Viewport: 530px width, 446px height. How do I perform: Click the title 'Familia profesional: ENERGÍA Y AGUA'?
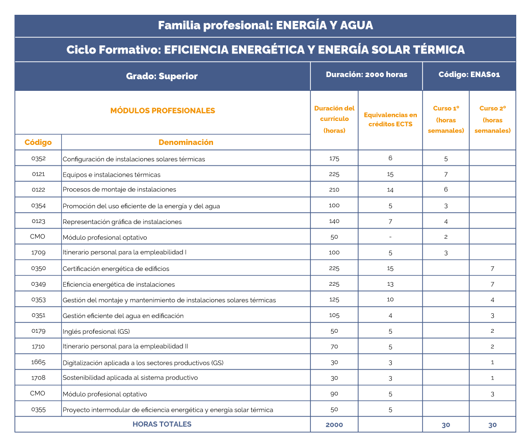[x=265, y=25]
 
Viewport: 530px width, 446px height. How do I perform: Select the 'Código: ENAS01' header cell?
[x=469, y=75]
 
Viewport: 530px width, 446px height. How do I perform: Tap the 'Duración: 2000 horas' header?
[x=366, y=75]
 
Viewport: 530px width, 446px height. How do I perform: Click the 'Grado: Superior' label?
[x=162, y=77]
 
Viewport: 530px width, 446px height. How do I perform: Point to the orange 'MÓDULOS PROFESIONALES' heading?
[x=163, y=111]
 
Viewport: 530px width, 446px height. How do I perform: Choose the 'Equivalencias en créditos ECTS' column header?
[x=390, y=119]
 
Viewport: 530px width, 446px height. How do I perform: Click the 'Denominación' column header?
[x=185, y=142]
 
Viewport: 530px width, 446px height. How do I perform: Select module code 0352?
[x=38, y=158]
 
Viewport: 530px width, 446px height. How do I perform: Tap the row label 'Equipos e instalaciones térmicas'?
[x=111, y=175]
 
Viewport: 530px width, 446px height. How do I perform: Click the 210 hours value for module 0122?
[x=334, y=189]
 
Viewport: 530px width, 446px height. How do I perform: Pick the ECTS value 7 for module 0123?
[x=390, y=221]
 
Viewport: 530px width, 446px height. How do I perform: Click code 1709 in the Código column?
[x=38, y=252]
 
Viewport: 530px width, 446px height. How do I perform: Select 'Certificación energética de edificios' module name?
[x=116, y=268]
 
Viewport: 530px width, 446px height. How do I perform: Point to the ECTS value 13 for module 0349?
[x=390, y=284]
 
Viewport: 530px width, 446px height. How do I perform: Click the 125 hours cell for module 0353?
[x=334, y=300]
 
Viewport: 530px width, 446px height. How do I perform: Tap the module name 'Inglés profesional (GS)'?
[x=96, y=331]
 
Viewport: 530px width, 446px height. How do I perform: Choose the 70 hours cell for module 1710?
[x=334, y=346]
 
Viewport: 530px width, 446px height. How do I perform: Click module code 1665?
[x=38, y=362]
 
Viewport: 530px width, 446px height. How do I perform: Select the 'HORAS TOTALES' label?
[x=162, y=424]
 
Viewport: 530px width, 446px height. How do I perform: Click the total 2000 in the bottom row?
[x=334, y=425]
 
